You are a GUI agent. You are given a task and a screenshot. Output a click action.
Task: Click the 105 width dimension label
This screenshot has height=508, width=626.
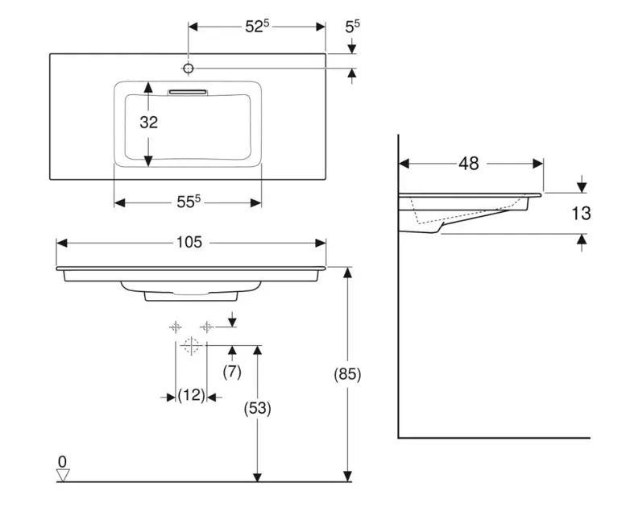(x=190, y=243)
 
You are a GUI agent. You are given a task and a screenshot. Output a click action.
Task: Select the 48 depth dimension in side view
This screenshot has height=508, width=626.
(x=468, y=164)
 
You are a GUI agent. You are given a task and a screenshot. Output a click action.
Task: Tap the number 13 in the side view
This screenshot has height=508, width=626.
(x=580, y=214)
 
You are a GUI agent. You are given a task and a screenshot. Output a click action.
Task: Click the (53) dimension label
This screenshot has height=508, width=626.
(x=258, y=408)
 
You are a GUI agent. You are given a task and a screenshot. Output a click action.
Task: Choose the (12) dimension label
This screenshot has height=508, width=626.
(x=191, y=396)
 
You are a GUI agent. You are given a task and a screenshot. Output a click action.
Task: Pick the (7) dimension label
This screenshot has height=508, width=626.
(x=232, y=372)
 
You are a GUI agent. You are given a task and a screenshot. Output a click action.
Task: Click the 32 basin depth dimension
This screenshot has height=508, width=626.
(x=148, y=123)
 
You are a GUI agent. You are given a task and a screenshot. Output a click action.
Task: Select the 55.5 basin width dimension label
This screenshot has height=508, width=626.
(x=188, y=202)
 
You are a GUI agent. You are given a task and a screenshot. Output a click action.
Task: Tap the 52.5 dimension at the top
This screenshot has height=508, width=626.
(x=256, y=27)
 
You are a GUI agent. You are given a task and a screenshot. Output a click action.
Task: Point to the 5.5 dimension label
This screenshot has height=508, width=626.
(x=352, y=27)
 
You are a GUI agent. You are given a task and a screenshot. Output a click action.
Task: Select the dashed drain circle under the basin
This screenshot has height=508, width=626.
(x=191, y=347)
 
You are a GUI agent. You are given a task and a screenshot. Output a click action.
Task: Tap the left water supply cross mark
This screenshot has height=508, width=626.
(x=175, y=327)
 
